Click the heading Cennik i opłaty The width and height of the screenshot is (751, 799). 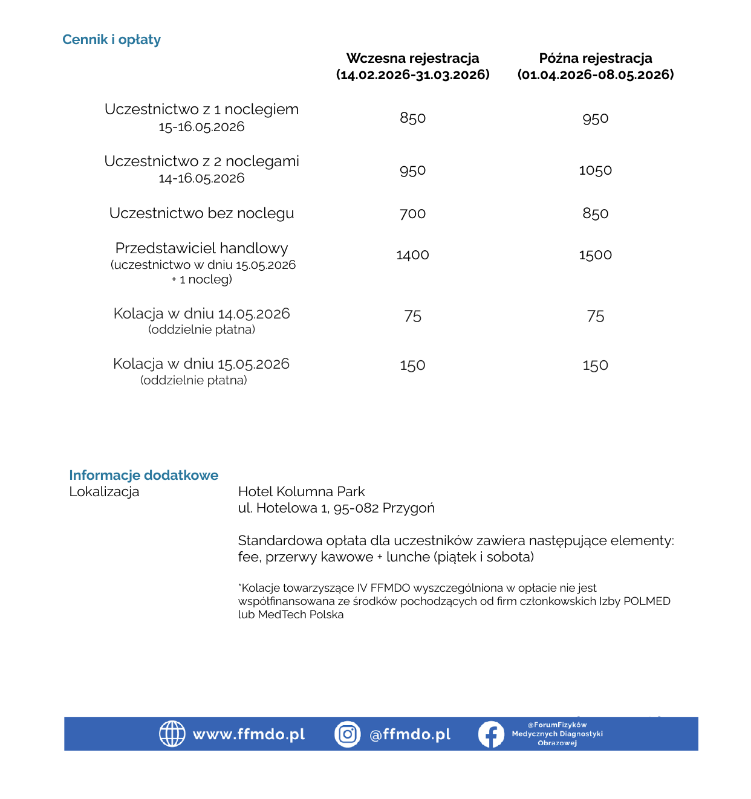pos(111,40)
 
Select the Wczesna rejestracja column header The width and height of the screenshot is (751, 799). pos(412,59)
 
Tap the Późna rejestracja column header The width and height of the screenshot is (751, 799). pos(595,59)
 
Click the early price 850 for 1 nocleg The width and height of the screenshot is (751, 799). pos(412,118)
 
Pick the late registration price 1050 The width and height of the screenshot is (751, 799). pos(595,170)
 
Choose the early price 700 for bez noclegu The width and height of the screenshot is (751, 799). pos(412,213)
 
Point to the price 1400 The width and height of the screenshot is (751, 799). pos(412,255)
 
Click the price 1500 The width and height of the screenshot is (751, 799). pos(595,255)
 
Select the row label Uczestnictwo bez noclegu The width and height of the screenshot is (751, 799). pos(201,213)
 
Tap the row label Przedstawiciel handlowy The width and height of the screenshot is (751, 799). pos(201,248)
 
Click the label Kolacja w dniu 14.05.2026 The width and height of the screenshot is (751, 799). pos(201,314)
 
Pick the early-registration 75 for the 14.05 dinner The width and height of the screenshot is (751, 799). pos(412,316)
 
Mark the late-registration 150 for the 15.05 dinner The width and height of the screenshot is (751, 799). pos(595,366)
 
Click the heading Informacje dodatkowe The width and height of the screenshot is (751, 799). pos(143,475)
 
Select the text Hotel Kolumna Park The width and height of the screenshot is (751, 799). pos(301,492)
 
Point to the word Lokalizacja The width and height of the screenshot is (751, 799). pos(104,492)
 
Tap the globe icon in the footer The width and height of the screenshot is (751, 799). pos(172,734)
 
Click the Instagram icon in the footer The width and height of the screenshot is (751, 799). pos(347,734)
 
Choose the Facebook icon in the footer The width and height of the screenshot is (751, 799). pos(490,734)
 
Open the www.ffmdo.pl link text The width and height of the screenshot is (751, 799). pos(249,734)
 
